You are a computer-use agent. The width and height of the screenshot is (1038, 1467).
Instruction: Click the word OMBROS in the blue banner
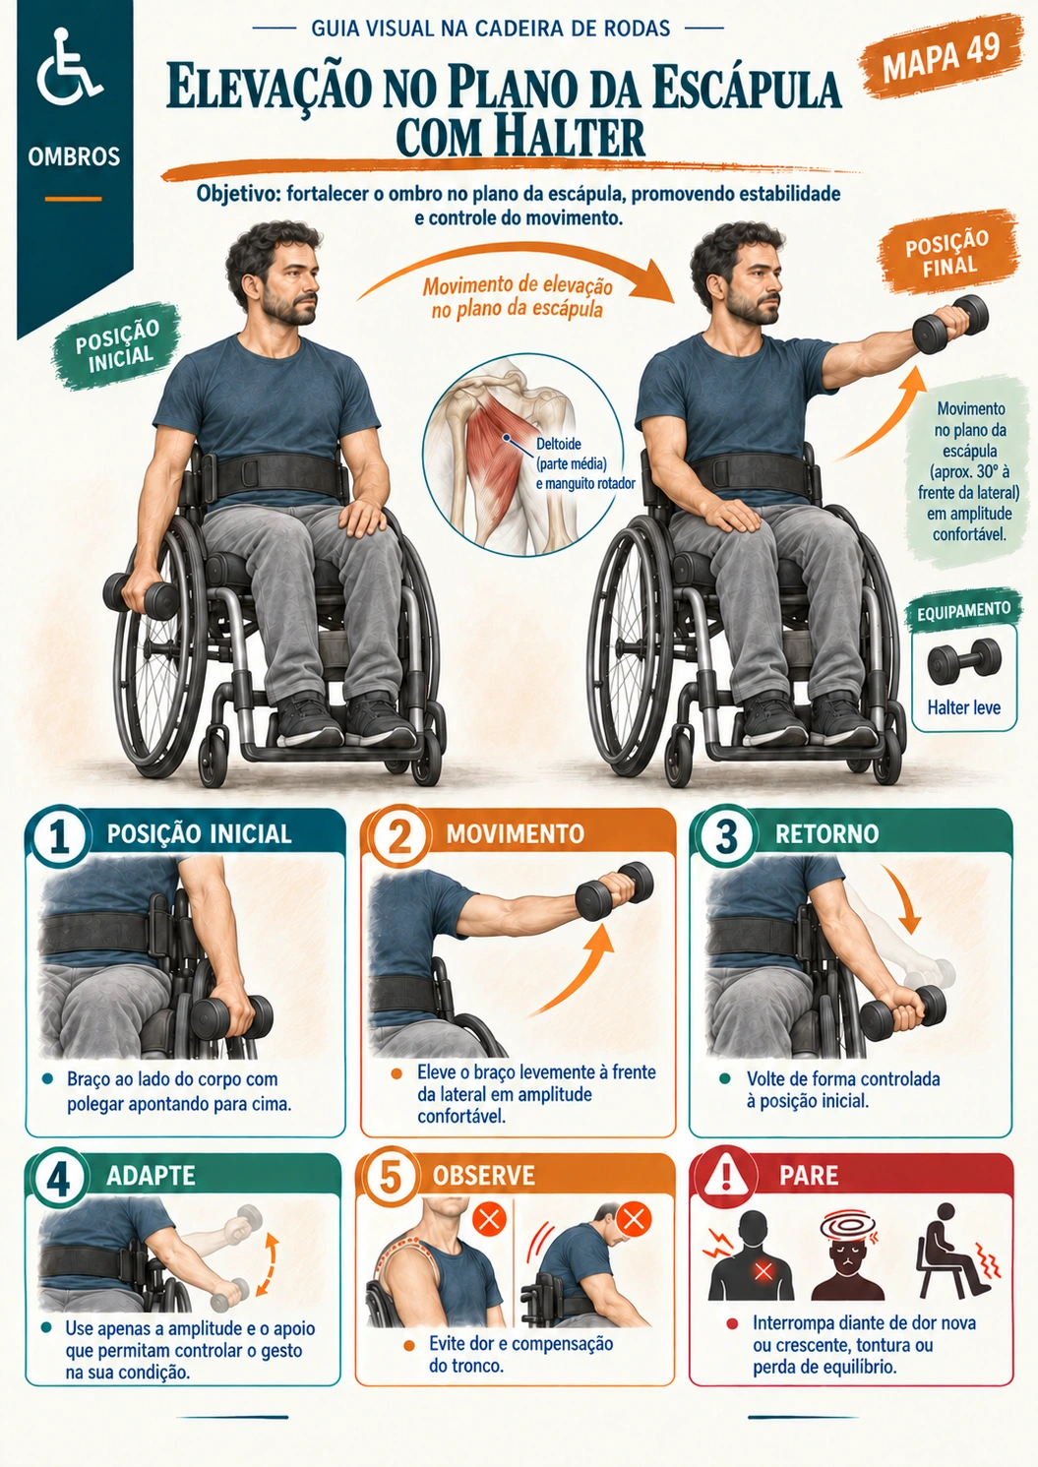74,157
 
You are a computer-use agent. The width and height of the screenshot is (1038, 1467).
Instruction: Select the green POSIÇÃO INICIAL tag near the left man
117,345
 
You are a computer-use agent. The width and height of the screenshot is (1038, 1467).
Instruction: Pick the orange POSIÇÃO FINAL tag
946,252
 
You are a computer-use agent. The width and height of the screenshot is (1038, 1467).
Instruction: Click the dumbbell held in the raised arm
950,326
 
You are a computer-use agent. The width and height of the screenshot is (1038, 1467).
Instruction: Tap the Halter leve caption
963,707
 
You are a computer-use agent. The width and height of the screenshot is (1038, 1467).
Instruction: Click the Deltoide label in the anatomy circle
559,444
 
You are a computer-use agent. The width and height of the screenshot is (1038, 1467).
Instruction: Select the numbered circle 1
60,837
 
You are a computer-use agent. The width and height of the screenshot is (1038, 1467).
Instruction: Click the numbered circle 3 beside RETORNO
726,837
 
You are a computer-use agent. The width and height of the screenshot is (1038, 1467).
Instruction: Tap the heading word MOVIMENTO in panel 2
515,833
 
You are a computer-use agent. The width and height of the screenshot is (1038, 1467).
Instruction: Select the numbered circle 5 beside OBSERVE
391,1178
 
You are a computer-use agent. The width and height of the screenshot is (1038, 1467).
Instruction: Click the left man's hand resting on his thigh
362,516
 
